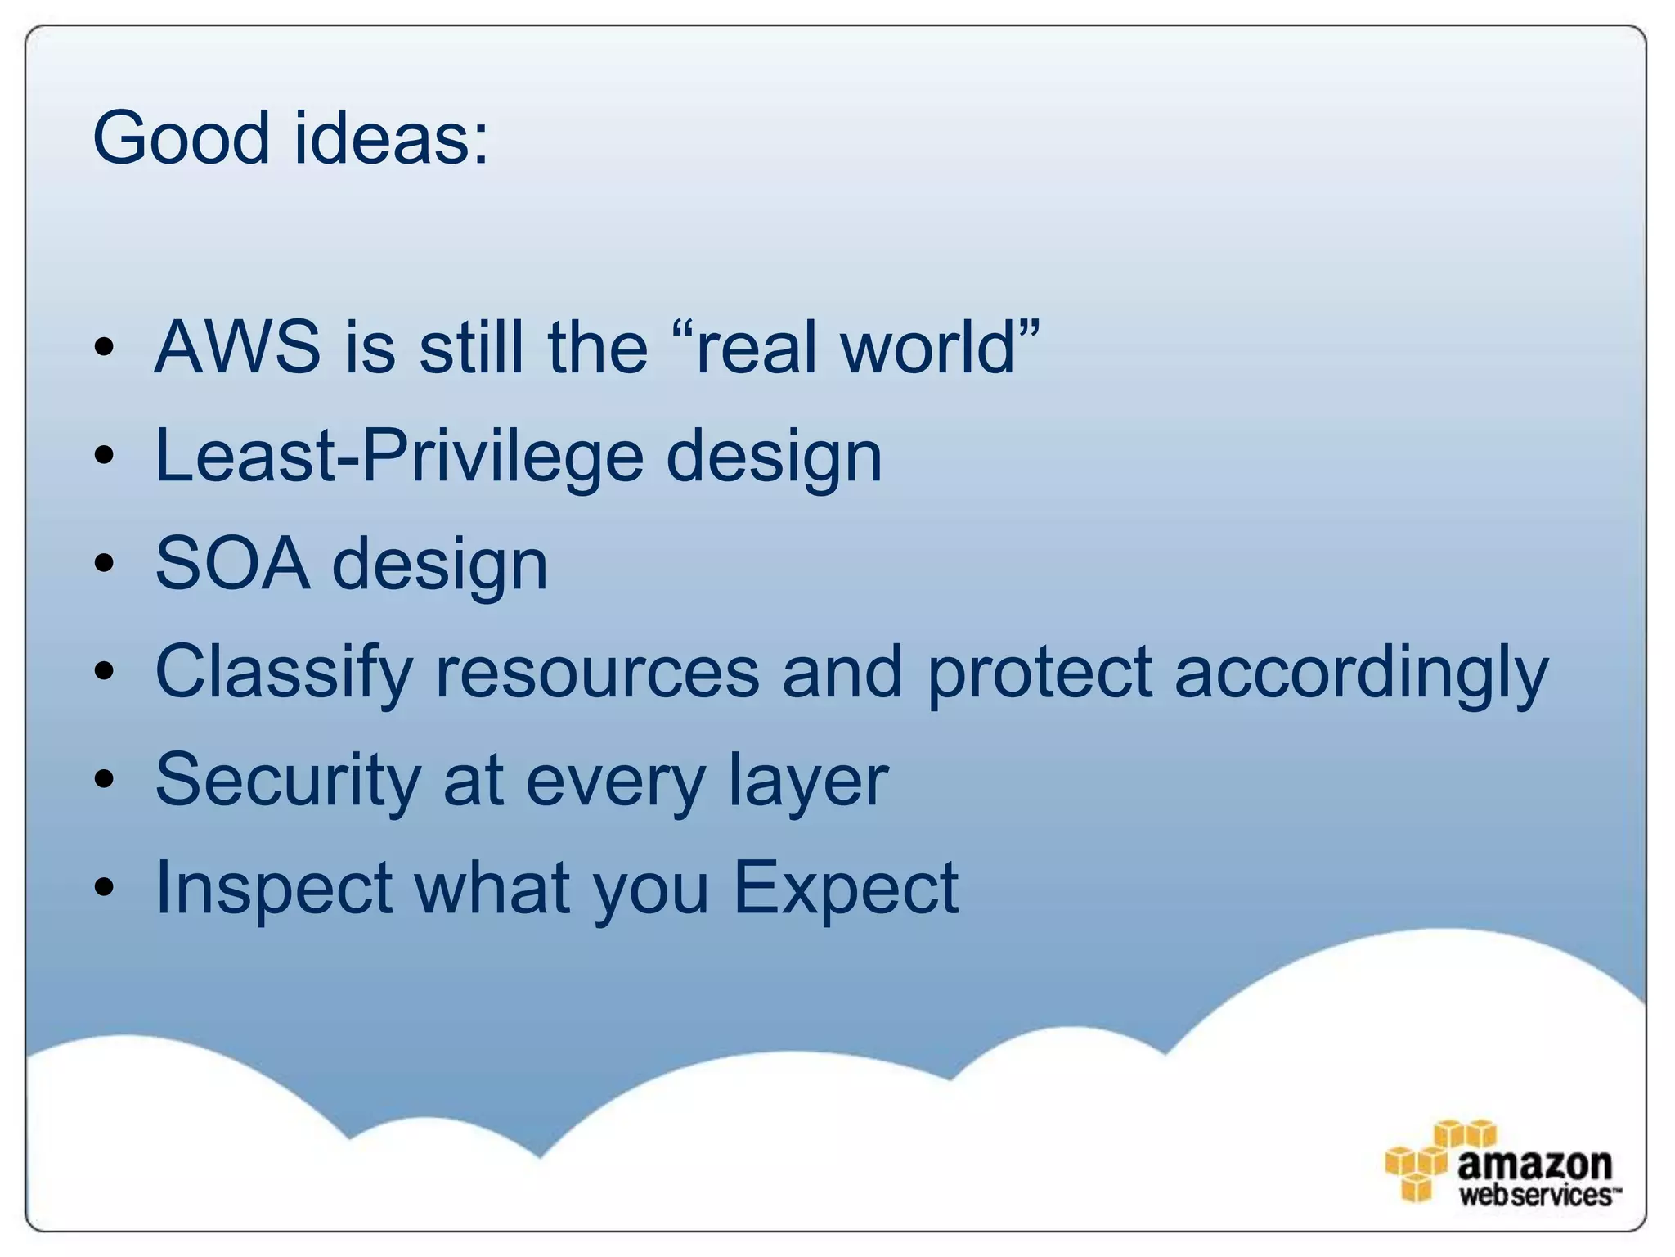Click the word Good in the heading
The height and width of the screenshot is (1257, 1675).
pyautogui.click(x=181, y=137)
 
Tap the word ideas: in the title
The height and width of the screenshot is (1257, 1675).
pyautogui.click(x=391, y=137)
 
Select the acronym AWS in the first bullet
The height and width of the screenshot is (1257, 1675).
pyautogui.click(x=237, y=348)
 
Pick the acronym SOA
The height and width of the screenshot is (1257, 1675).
pyautogui.click(x=233, y=564)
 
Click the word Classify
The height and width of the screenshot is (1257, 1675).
pyautogui.click(x=284, y=673)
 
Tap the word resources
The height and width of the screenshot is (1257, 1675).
pyautogui.click(x=597, y=673)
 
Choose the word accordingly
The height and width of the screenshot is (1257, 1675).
pyautogui.click(x=1361, y=673)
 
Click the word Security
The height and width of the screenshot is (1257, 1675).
pyautogui.click(x=288, y=781)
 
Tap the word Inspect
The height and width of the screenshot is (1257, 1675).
pyautogui.click(x=274, y=889)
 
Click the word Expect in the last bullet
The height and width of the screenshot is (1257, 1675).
pyautogui.click(x=846, y=889)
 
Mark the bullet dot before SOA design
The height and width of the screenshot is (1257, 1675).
pyautogui.click(x=104, y=564)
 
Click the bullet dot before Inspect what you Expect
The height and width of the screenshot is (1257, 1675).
pyautogui.click(x=104, y=888)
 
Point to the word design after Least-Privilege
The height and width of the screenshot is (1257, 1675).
pyautogui.click(x=774, y=456)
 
